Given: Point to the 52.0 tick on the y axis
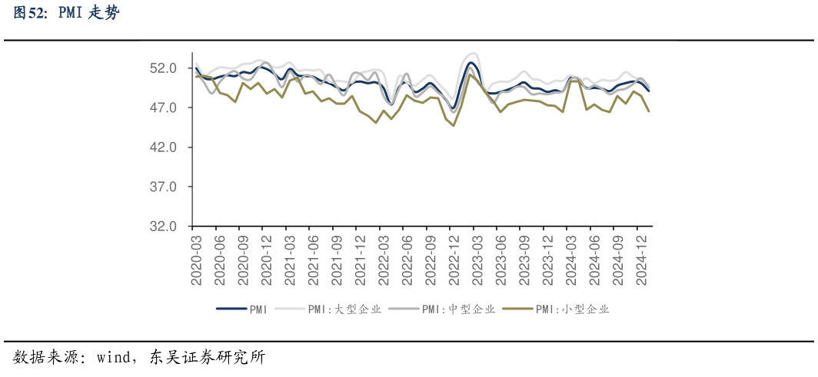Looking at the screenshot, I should click(x=164, y=68).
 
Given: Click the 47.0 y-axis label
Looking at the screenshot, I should click(x=164, y=108).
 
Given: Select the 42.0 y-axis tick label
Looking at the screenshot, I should click(x=164, y=147).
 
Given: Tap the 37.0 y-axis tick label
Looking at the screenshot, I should click(x=164, y=187).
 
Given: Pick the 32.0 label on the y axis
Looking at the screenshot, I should click(x=164, y=227).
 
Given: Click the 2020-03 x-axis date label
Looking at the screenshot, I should click(x=196, y=260).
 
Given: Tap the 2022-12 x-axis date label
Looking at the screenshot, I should click(x=454, y=260).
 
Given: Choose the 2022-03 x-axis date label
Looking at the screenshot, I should click(x=384, y=260).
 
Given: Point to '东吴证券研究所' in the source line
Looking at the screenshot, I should click(x=207, y=358).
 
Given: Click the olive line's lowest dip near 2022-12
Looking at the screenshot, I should click(x=454, y=125).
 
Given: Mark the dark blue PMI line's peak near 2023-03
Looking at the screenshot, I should click(x=471, y=63).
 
